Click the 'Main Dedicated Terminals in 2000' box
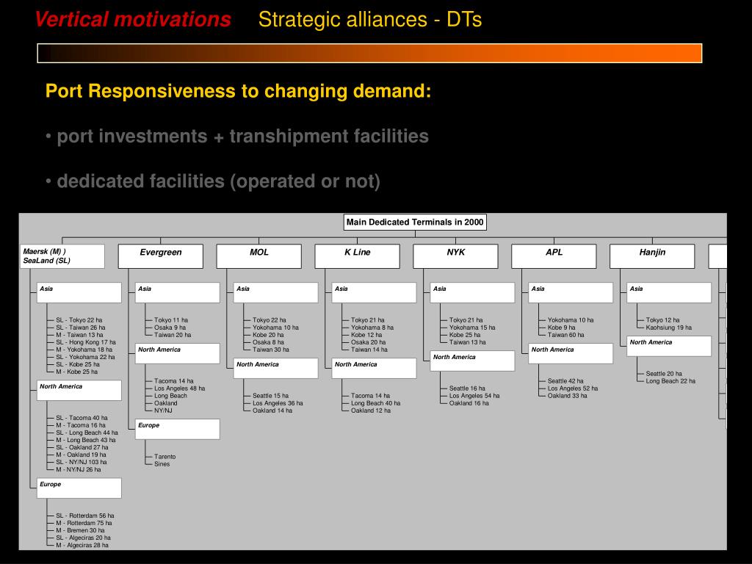(416, 223)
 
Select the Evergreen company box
(161, 256)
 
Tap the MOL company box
(259, 256)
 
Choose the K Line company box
(358, 256)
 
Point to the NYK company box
(456, 256)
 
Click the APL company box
(554, 256)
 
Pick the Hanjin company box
(652, 256)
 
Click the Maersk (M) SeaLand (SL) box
(62, 256)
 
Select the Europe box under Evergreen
(178, 429)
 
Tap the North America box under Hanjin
(669, 346)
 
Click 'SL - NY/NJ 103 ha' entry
(82, 462)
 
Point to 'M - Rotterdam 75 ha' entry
(84, 523)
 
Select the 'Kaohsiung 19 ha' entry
(669, 328)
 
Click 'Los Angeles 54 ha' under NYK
(474, 396)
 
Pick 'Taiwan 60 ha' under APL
(566, 335)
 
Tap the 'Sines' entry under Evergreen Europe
(162, 464)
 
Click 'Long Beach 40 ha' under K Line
(376, 403)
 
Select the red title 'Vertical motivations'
(133, 20)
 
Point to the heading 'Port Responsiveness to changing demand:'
(239, 92)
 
